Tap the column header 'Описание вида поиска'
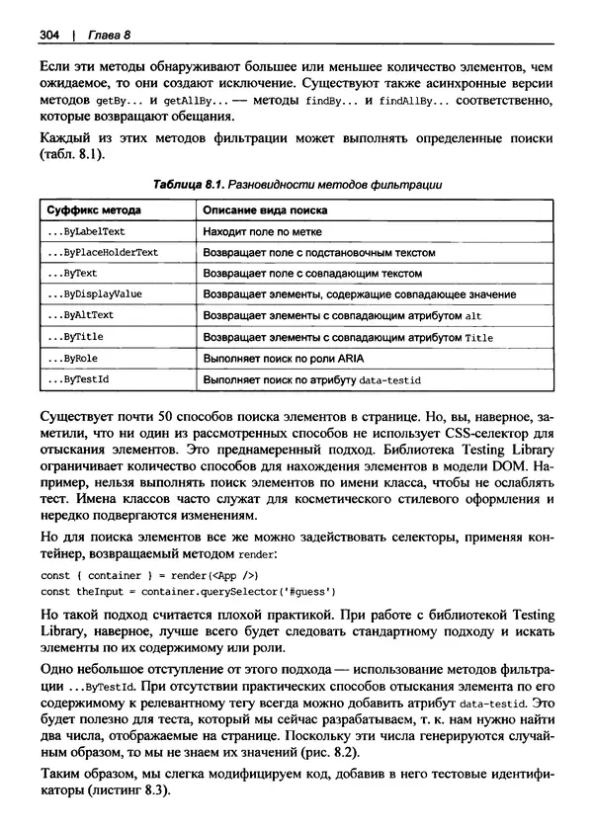coord(265,210)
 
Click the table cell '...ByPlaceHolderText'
coord(102,252)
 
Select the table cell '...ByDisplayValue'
coord(94,294)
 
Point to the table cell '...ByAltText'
coord(80,315)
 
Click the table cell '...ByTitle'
coord(74,336)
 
